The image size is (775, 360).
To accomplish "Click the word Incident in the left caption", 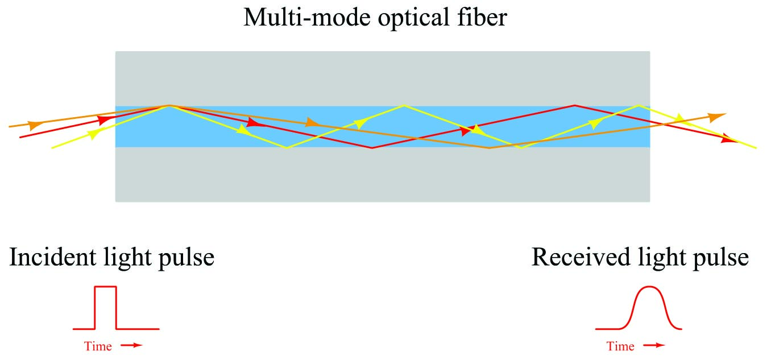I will (50, 257).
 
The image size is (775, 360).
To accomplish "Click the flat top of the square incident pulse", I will (106, 287).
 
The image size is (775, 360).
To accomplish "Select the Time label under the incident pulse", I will (98, 346).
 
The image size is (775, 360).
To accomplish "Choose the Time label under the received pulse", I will (620, 346).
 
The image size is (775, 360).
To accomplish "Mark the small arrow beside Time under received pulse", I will (654, 346).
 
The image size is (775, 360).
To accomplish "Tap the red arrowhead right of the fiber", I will (729, 139).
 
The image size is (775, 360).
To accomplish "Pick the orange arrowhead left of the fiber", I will (35, 125).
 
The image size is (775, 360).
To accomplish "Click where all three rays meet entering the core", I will (168, 106).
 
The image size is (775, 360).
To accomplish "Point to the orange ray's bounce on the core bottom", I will (490, 148).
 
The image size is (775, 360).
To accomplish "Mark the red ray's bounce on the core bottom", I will (372, 148).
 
